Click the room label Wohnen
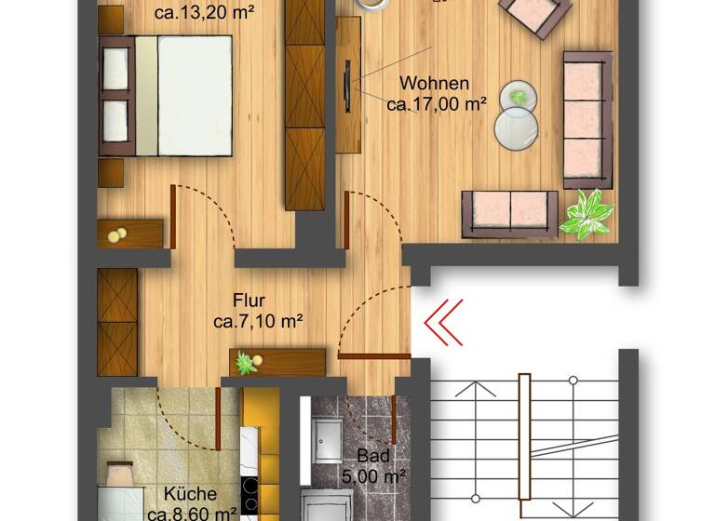click(x=434, y=84)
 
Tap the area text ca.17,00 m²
click(x=437, y=104)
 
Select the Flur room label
click(x=250, y=301)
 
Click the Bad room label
click(x=372, y=457)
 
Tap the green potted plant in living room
click(x=587, y=214)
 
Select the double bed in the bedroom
click(x=168, y=95)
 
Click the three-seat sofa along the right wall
click(x=587, y=119)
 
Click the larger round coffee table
click(x=516, y=128)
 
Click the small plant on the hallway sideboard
click(x=247, y=363)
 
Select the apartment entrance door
click(x=374, y=355)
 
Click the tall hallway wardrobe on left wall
click(x=117, y=322)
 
